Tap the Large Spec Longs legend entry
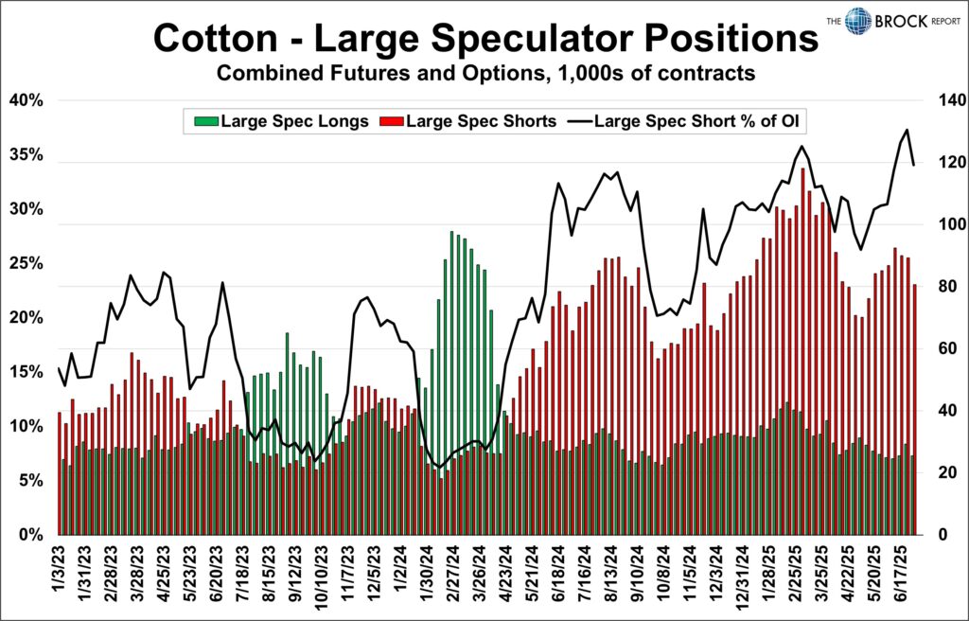281,121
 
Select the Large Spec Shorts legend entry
467,121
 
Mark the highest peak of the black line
907,130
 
